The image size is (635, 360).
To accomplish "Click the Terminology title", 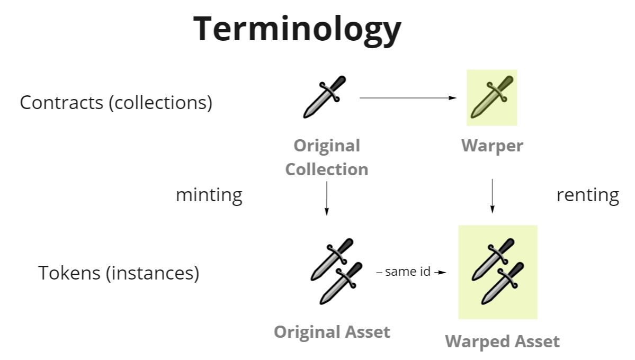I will click(297, 29).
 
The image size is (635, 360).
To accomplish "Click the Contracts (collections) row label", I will click(116, 102).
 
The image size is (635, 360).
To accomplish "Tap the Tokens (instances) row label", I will click(119, 273).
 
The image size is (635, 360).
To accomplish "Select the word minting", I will click(209, 195).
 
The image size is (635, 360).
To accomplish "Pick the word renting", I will click(587, 195).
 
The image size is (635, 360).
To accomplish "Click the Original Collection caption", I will click(326, 157).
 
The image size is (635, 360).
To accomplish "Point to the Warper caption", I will click(492, 146).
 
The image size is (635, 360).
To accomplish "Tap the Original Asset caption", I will click(332, 332).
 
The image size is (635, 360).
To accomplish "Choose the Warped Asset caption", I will click(502, 341).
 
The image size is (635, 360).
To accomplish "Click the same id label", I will click(407, 272).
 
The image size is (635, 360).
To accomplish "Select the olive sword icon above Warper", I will click(492, 97).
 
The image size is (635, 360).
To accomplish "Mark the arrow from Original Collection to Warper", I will click(408, 98).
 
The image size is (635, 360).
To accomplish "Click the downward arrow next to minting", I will click(326, 199).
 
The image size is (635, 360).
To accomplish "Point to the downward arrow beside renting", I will click(493, 196).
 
